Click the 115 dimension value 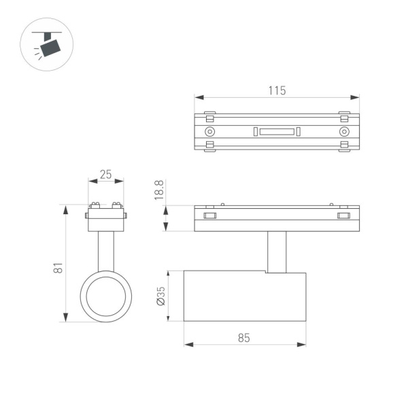(276, 90)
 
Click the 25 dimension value (105, 174)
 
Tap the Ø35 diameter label (160, 294)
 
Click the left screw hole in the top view (210, 131)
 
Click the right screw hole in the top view (344, 131)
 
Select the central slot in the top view (277, 131)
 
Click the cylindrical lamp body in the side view (245, 296)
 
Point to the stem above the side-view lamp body (277, 252)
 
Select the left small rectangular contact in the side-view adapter (209, 216)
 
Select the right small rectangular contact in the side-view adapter (343, 216)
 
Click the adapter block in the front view (106, 220)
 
